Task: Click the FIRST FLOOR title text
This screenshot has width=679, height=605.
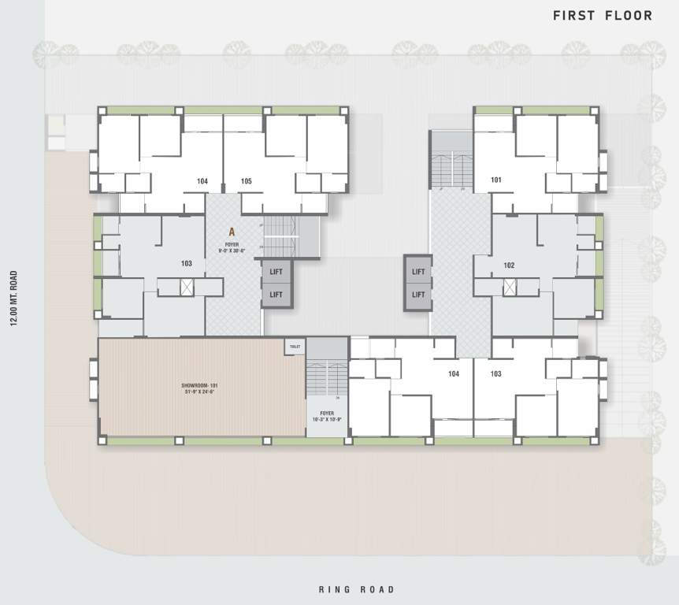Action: tap(602, 15)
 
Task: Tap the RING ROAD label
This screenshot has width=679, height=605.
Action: tap(356, 589)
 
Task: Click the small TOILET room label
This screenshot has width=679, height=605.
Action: tap(295, 347)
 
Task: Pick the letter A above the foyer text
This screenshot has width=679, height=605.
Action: tap(232, 232)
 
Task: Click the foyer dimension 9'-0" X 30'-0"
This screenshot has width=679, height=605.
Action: tap(232, 250)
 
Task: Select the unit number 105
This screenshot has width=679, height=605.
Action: tap(247, 181)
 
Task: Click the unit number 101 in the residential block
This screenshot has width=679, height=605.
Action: tap(496, 180)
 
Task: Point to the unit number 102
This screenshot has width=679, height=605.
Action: tap(509, 265)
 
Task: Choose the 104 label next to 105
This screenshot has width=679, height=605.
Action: tap(202, 181)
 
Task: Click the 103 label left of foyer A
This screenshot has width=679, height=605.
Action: tap(187, 264)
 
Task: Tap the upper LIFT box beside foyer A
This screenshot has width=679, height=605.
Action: tap(276, 272)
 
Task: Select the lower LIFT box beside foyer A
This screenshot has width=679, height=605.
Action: tap(276, 294)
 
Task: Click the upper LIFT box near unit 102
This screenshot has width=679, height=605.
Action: tap(418, 272)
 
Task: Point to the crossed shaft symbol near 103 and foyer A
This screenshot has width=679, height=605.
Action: tap(187, 287)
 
